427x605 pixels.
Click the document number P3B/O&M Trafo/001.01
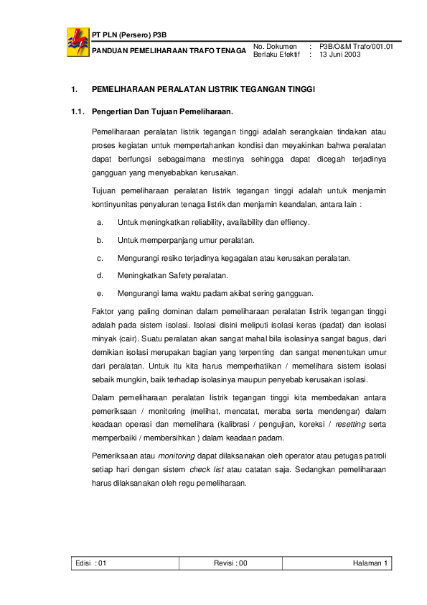(356, 47)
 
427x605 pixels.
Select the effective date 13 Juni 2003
(340, 54)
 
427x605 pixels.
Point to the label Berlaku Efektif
(276, 54)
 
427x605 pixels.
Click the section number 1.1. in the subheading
(78, 111)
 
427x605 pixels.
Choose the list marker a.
(100, 222)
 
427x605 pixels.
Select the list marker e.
(100, 292)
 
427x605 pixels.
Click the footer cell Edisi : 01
(91, 563)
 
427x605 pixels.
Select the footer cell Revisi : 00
(230, 563)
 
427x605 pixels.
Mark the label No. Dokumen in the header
(275, 47)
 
